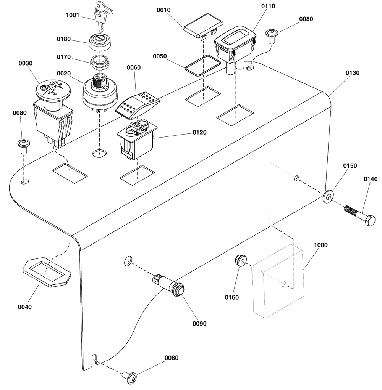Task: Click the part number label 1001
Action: pyautogui.click(x=73, y=15)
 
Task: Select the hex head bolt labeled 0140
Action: pyautogui.click(x=359, y=215)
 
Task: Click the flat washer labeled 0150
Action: pyautogui.click(x=328, y=197)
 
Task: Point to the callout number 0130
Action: pyautogui.click(x=353, y=73)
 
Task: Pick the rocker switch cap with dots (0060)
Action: pyautogui.click(x=137, y=104)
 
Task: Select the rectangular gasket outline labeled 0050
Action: pyautogui.click(x=202, y=66)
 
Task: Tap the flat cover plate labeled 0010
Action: pyautogui.click(x=202, y=27)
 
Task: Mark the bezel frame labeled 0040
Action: pyautogui.click(x=47, y=272)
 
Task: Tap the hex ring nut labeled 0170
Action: pyautogui.click(x=100, y=62)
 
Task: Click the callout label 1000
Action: pyautogui.click(x=320, y=245)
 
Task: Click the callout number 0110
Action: pyautogui.click(x=268, y=6)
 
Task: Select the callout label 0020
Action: pyautogui.click(x=64, y=73)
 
